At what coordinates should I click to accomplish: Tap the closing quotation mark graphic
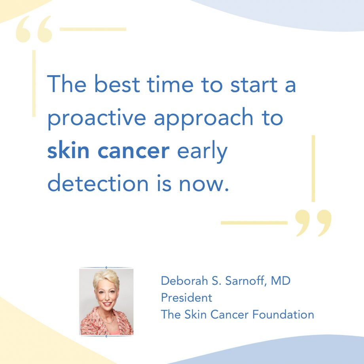tap(314, 222)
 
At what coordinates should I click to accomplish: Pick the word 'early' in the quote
tap(202, 152)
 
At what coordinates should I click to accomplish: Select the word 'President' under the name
tap(186, 298)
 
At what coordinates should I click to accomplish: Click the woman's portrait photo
tap(106, 302)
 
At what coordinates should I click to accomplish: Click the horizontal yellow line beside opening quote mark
tap(93, 29)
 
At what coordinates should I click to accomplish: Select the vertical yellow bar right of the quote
tap(313, 169)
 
